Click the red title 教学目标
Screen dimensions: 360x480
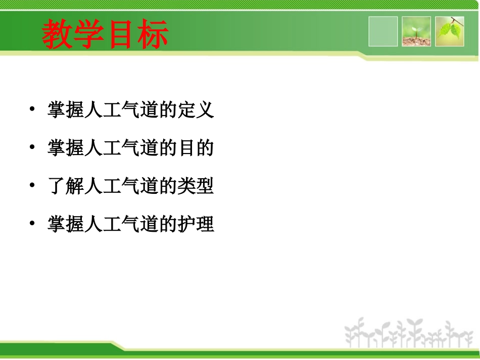[105, 34]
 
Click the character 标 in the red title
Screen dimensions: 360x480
[153, 34]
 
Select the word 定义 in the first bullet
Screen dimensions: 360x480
[196, 110]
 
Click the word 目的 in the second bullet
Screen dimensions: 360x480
[196, 148]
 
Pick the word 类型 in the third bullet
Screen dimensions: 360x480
[196, 187]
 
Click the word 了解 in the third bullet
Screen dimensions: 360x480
[66, 187]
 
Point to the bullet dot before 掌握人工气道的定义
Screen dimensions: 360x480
[32, 109]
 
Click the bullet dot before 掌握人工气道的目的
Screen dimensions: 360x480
[32, 147]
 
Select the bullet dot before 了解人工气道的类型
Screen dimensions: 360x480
[32, 186]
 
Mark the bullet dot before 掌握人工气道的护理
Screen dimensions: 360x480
[32, 224]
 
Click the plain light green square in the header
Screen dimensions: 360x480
[383, 31]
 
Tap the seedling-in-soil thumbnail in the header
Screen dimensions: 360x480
[416, 31]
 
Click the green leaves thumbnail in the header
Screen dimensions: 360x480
[450, 31]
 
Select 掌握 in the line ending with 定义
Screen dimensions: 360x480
[66, 110]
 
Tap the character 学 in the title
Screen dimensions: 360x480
[89, 34]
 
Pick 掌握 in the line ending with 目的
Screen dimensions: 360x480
[66, 148]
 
